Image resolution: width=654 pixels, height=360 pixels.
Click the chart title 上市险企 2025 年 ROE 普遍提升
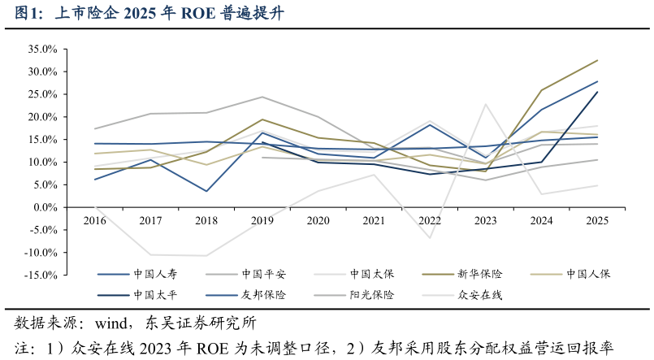149,14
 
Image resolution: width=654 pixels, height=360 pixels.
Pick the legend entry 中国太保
373,274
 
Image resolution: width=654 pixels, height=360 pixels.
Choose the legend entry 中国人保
588,274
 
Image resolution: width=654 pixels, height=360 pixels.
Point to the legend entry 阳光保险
373,295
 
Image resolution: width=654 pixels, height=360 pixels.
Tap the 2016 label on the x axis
95,220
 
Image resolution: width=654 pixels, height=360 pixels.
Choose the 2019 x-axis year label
262,220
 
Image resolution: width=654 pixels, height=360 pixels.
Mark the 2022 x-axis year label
430,220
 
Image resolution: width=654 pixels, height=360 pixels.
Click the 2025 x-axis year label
597,220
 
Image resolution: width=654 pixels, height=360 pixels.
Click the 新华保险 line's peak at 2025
597,60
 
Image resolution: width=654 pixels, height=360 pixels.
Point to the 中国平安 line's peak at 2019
262,97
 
